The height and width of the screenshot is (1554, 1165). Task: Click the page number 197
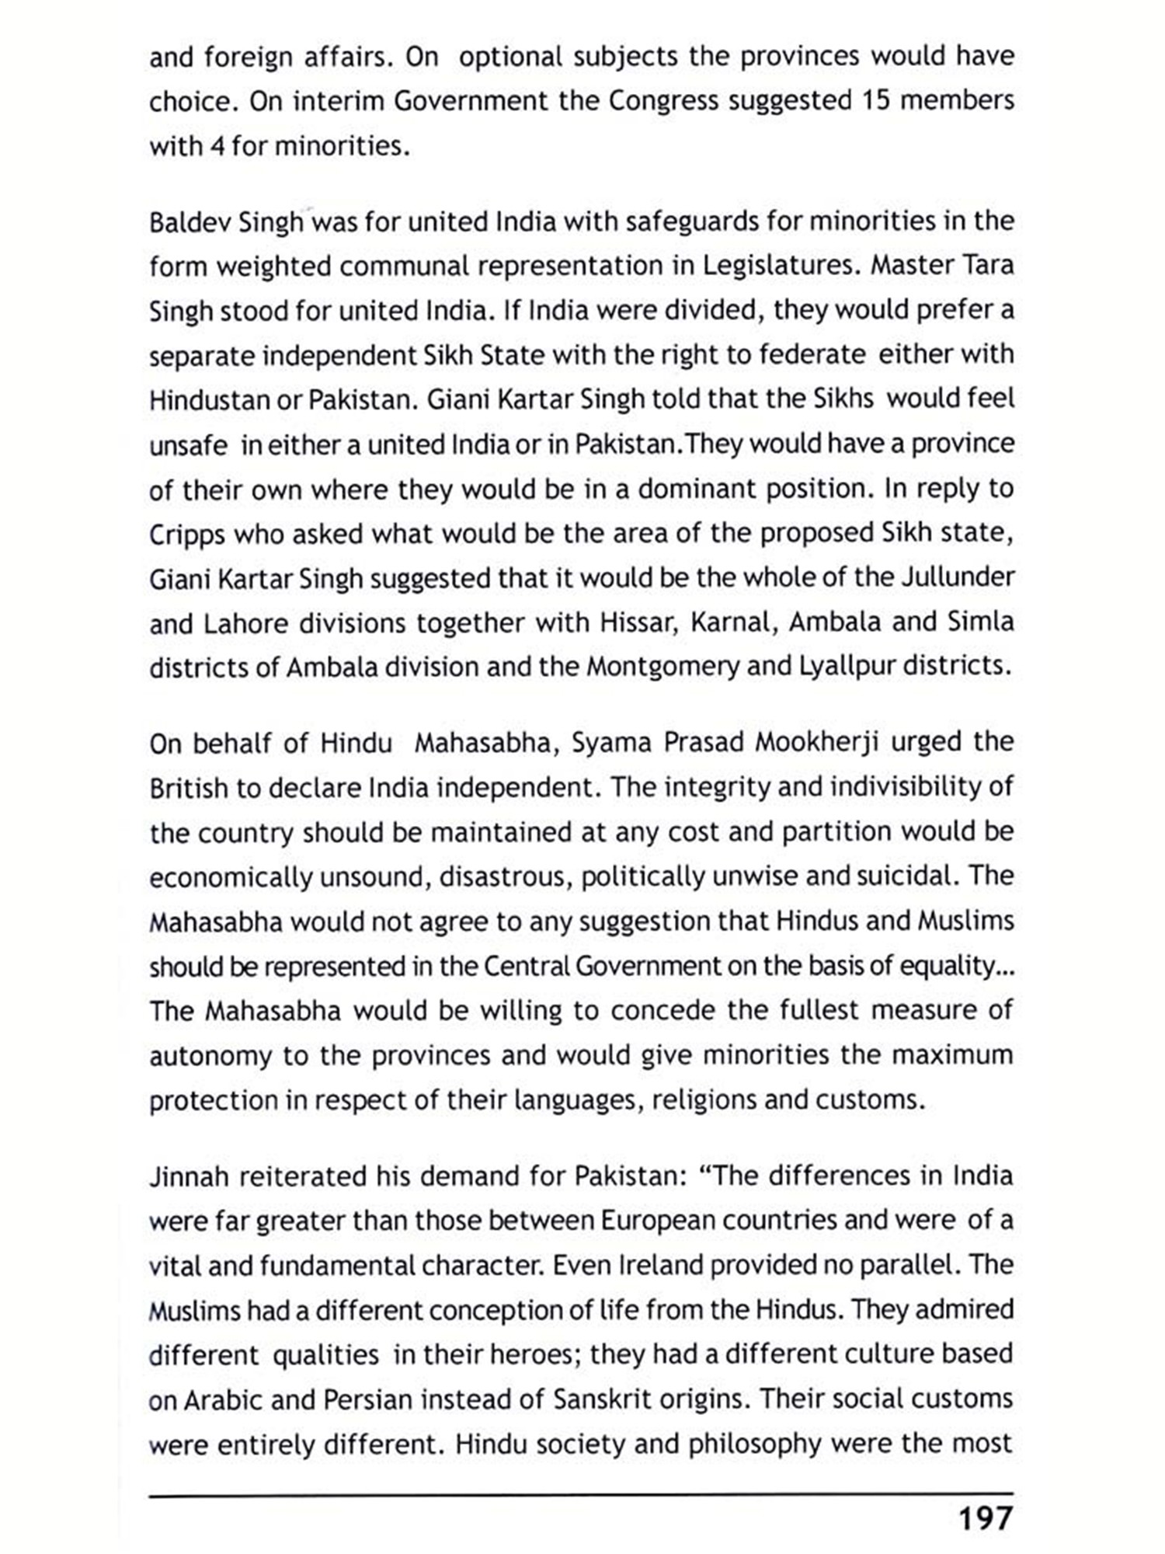(x=986, y=1517)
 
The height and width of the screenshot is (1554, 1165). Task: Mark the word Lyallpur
(x=843, y=667)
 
